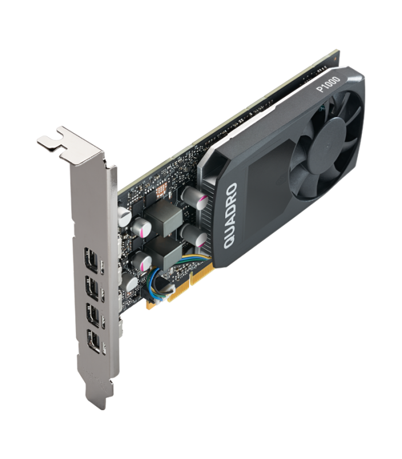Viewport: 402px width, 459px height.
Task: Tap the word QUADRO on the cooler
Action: [x=230, y=216]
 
